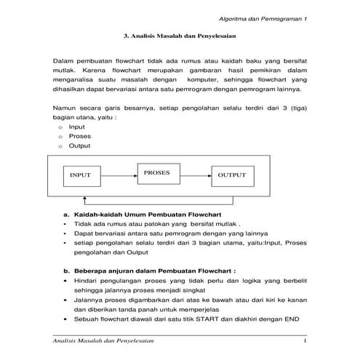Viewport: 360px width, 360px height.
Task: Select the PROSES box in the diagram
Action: pos(157,173)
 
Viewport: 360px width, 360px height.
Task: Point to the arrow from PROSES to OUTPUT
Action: pos(194,175)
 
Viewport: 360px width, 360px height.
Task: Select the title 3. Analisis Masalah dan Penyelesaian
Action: pos(180,35)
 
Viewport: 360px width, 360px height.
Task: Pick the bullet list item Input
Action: pos(76,127)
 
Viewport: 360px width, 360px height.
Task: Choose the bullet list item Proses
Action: pos(79,136)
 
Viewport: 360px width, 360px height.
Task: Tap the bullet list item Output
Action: pos(79,145)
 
